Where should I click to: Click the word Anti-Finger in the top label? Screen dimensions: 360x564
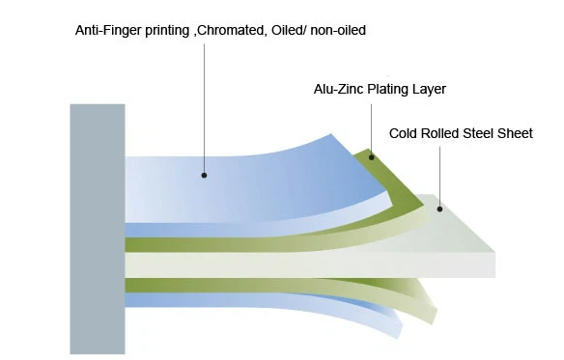105,31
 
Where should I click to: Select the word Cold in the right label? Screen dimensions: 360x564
404,133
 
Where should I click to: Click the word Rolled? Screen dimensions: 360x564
441,133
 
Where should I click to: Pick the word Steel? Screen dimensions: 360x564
482,133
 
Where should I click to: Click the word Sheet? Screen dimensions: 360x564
517,133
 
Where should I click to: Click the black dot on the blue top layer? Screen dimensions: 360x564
204,175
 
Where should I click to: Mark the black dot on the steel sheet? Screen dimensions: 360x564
438,208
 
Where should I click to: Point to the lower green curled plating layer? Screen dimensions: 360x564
319,290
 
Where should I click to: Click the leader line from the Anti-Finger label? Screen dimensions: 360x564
204,106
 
